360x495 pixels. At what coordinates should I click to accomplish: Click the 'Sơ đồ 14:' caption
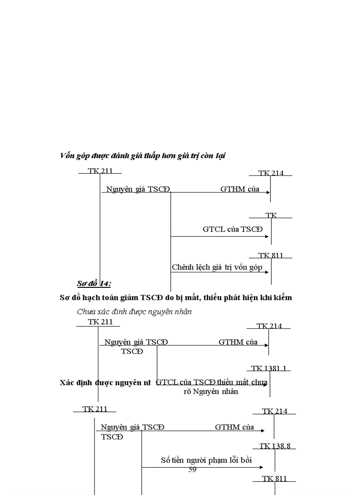coord(94,283)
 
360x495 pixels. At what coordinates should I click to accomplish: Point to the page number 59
coord(192,470)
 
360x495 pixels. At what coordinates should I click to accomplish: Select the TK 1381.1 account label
coord(271,368)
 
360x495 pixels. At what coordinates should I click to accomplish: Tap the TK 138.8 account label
coord(275,446)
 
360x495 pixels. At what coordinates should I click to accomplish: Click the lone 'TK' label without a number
coord(271,216)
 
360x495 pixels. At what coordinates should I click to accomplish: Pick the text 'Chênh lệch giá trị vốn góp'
coord(217,267)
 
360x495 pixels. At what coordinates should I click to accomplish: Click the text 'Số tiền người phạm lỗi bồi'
coord(206,460)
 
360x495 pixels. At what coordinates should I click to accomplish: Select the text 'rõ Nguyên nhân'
coord(211,391)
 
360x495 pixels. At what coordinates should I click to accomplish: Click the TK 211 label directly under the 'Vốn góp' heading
coord(100,171)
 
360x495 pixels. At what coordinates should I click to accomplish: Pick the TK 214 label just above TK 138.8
coord(274,411)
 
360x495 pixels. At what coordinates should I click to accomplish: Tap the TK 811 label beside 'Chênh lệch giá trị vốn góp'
coord(271,256)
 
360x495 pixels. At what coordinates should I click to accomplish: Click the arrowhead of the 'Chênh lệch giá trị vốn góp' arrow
coord(267,272)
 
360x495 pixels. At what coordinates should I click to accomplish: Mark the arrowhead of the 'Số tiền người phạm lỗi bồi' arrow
coord(262,467)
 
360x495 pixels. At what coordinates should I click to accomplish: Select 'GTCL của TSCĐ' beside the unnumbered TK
coord(232,229)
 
